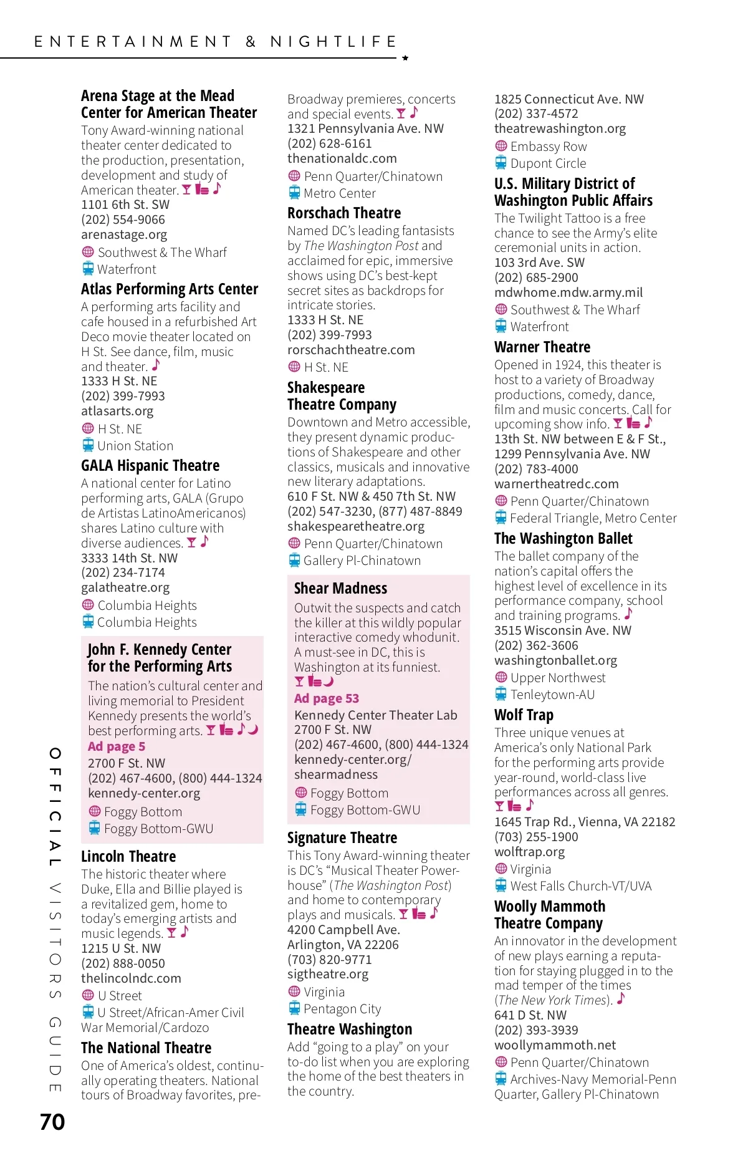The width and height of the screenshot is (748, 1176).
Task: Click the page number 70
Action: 52,1122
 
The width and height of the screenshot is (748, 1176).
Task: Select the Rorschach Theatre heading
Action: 344,213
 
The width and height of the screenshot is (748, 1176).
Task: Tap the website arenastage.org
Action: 124,234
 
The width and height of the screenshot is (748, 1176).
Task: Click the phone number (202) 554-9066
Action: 123,219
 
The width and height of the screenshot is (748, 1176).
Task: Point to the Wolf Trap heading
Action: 524,715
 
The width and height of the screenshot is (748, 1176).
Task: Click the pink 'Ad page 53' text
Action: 327,698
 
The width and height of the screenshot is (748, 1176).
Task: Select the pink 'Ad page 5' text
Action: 117,746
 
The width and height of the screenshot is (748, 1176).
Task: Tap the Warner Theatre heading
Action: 542,347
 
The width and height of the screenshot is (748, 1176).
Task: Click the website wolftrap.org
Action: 529,852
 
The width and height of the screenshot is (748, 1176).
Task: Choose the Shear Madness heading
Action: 340,589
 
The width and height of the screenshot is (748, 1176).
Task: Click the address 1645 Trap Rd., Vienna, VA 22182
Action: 585,822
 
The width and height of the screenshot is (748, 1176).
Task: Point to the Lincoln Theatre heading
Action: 128,857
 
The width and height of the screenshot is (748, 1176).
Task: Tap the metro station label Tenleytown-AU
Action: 552,695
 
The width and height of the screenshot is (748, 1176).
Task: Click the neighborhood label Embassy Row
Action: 549,147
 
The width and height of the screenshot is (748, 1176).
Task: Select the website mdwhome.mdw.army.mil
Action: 568,292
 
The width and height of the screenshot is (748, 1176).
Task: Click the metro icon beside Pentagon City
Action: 294,1008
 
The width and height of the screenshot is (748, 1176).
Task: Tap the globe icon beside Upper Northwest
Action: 501,677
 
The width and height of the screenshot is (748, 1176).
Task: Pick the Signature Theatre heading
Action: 342,838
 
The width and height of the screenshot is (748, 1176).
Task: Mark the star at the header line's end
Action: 405,58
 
